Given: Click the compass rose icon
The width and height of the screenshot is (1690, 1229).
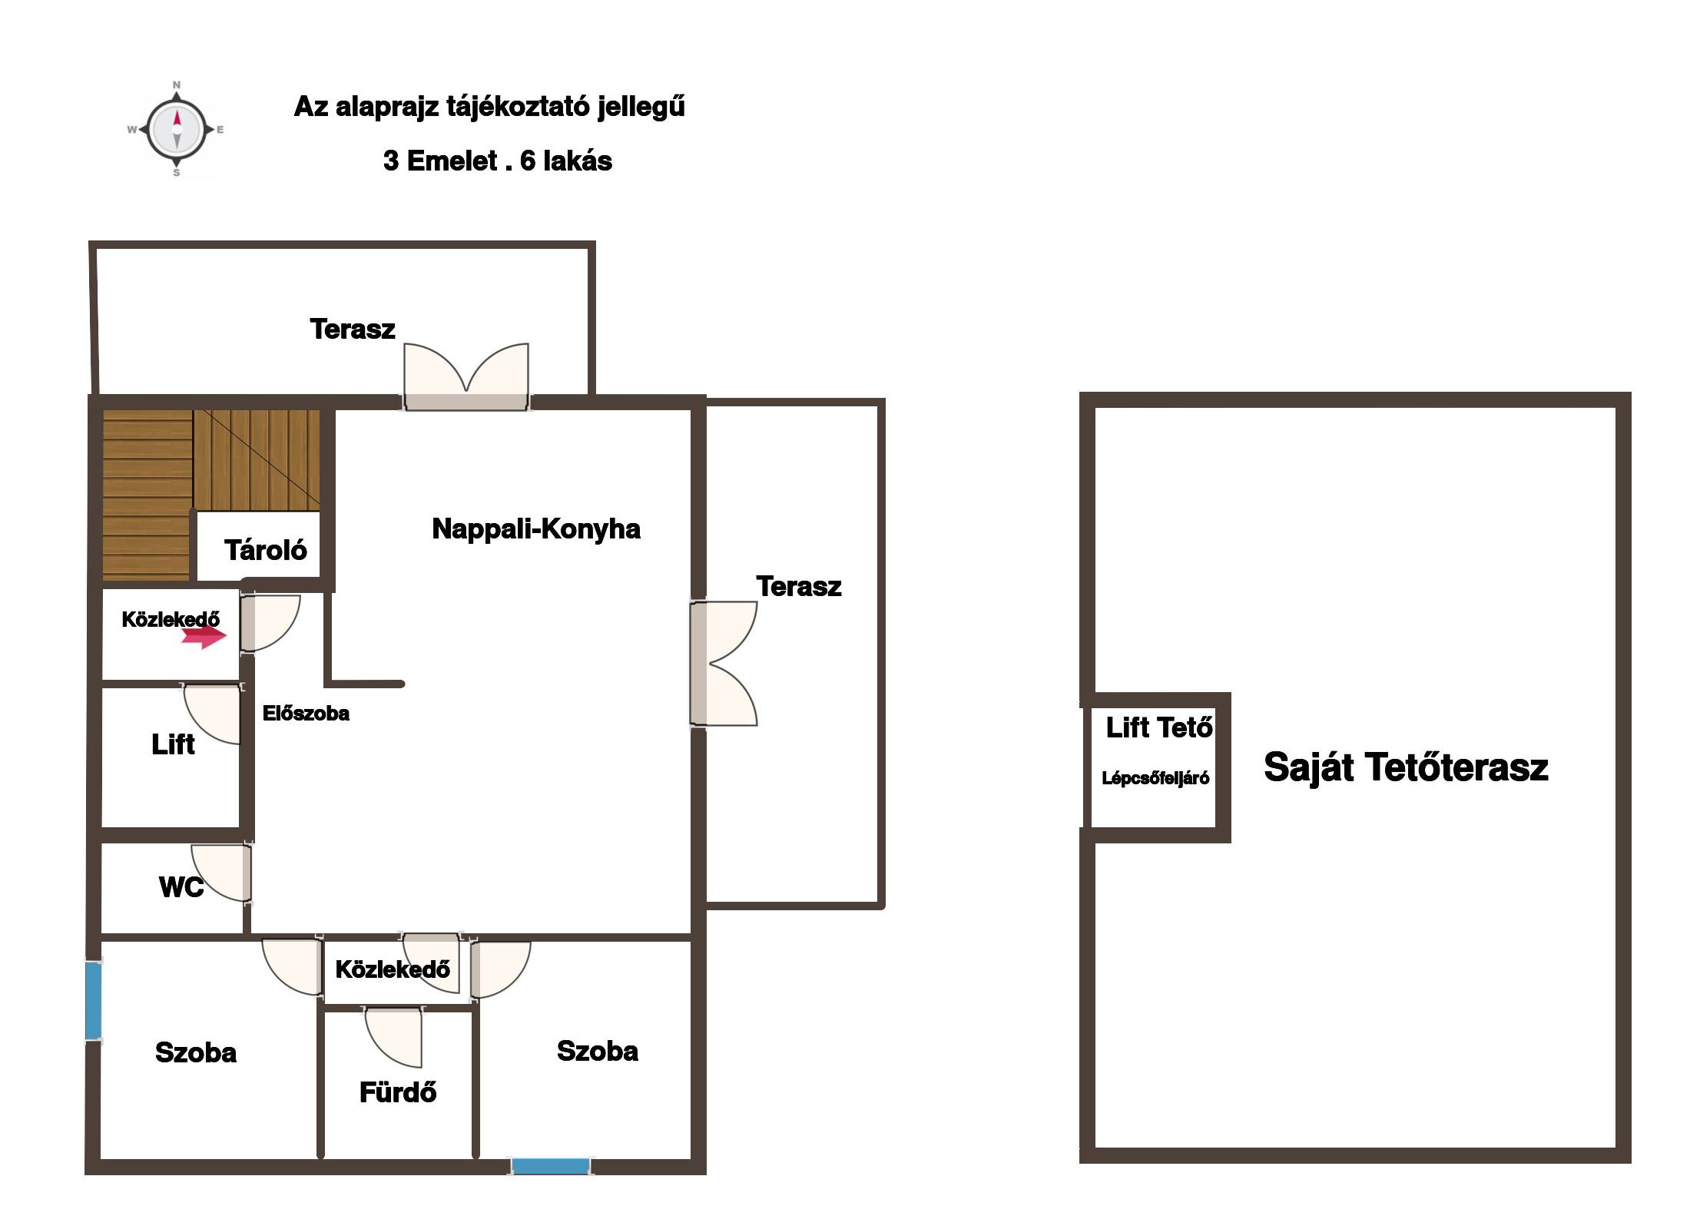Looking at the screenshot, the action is pos(176,129).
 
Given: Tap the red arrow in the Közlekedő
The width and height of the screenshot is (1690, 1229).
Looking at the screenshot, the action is pos(204,635).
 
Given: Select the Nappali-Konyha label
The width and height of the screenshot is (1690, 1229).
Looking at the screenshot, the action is pos(536,528).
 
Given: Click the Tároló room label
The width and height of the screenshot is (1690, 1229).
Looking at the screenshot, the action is pos(265,550).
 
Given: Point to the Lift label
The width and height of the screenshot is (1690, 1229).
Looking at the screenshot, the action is pos(173,744).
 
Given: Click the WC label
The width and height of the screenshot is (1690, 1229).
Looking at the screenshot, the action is pos(181,887).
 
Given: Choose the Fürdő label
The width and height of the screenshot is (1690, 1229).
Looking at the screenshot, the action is pos(398,1092).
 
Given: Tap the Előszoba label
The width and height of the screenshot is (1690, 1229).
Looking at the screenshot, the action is pos(306,713).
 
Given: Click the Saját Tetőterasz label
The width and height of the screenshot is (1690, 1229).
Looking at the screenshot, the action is pos(1406,767).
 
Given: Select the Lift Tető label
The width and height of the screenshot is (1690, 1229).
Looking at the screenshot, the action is pos(1159,727).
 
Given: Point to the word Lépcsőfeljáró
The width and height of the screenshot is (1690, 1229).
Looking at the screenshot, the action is pos(1155,778).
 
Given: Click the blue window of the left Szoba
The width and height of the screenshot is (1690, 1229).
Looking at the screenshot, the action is pos(93,1001).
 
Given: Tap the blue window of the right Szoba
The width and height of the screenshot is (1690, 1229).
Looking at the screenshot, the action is pos(551,1166).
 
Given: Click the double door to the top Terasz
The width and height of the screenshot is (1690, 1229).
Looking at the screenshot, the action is pos(466,376).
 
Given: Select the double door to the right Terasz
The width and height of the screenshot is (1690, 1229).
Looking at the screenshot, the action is pos(723,663).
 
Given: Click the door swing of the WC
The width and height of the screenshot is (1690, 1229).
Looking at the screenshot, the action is pos(221,873).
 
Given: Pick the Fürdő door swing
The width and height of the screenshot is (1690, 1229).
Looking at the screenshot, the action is pos(393,1038).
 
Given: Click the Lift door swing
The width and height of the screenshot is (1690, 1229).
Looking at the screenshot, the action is pos(212,714).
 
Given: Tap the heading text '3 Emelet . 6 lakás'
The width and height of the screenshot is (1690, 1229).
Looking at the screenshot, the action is pos(498,161).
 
